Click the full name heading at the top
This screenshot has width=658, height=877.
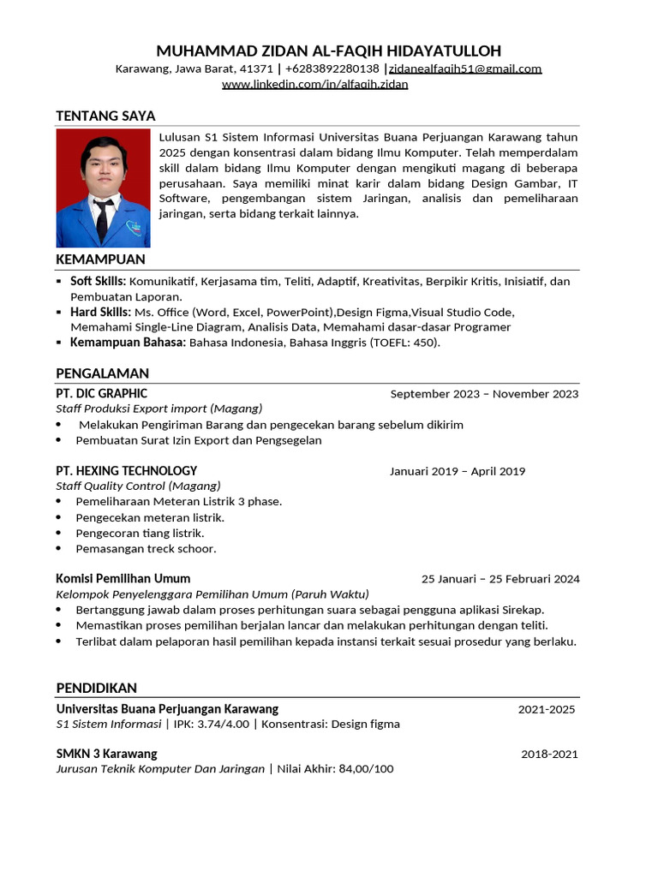329,51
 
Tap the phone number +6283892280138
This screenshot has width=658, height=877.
332,69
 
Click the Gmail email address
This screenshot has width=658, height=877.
465,69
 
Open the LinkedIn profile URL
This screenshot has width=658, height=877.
314,84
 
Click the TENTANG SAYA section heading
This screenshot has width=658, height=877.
105,116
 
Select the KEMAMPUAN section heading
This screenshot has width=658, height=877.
100,260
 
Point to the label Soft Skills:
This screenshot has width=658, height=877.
98,281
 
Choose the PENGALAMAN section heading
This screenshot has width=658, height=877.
102,373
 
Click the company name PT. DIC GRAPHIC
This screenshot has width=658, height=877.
101,394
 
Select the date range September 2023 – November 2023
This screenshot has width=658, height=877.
484,394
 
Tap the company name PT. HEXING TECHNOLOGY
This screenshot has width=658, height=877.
126,471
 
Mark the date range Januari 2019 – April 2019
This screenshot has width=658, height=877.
457,471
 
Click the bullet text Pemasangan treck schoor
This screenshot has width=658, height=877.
146,548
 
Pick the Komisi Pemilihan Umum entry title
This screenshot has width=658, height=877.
123,579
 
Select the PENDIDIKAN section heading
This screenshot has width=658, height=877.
96,689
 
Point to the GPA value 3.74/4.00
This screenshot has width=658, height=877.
224,724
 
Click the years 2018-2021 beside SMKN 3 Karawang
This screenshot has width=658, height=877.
549,755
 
